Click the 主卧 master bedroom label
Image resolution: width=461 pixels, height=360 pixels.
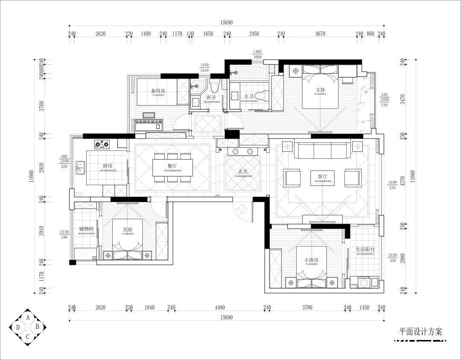[320, 90]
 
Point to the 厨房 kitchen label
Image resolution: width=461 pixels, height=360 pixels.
[108, 165]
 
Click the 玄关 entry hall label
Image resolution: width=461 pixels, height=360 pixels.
[243, 171]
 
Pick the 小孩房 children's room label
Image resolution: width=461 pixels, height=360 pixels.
[312, 259]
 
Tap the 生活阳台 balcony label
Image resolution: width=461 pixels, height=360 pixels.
[365, 249]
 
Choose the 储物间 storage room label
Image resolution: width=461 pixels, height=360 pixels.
[86, 229]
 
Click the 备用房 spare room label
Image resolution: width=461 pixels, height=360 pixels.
[158, 91]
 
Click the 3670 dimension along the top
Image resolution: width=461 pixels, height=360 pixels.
[320, 34]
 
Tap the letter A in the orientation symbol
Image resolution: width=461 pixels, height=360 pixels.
[28, 317]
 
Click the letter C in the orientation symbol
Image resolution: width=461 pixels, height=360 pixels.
[28, 336]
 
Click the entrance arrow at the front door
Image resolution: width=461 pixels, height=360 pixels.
[242, 209]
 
